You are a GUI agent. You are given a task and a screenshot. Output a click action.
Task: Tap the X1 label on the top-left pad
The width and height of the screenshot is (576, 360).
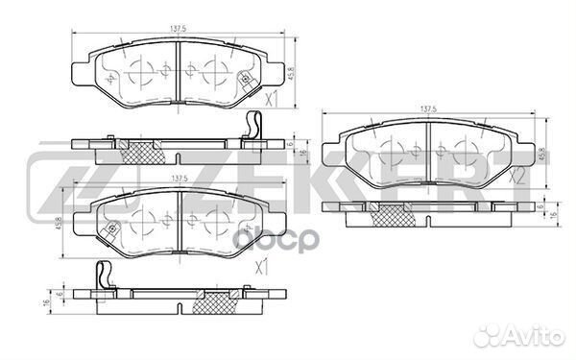(271, 99)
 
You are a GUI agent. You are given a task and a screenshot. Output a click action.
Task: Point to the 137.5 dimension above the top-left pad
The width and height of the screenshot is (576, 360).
(178, 29)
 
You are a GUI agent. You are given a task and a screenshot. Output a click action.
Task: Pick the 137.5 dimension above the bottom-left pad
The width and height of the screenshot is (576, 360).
(178, 179)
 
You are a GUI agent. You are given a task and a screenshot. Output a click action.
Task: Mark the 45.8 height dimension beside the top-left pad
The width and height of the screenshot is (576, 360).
(290, 70)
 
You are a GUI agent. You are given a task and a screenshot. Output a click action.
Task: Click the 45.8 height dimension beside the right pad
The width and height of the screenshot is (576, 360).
(542, 153)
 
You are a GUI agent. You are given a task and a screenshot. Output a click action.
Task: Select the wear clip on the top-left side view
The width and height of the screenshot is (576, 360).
(252, 126)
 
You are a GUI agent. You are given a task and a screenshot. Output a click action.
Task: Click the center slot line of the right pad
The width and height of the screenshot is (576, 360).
(428, 153)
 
